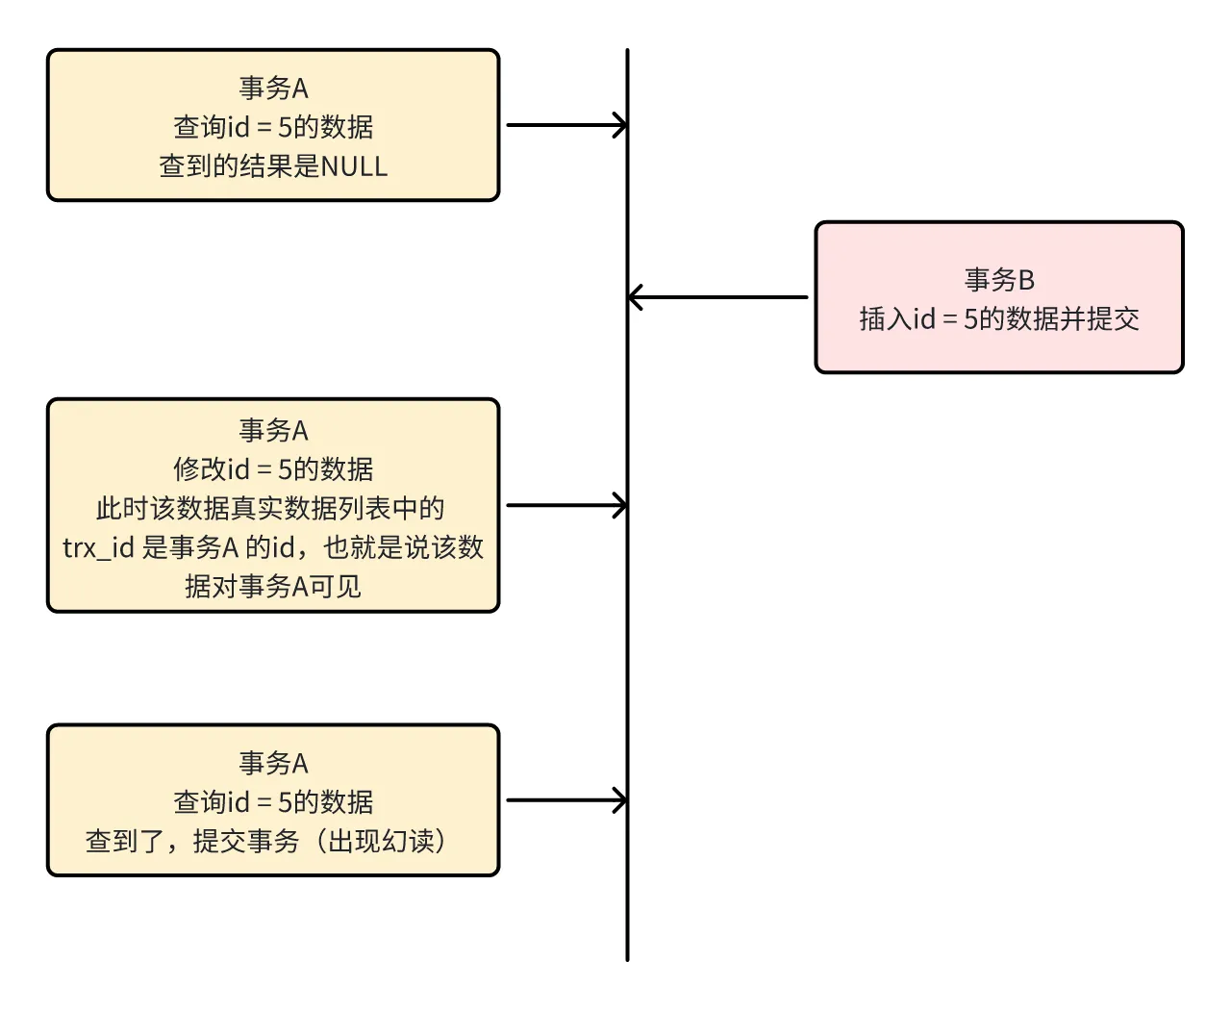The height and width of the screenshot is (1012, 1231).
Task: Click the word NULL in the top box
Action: point(354,166)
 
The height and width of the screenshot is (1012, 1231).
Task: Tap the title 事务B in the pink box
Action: point(999,280)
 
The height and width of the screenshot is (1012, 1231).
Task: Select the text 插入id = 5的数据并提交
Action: point(999,319)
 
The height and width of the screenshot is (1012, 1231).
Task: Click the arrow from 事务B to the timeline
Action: point(717,297)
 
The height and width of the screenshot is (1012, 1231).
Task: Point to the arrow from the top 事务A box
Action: point(566,125)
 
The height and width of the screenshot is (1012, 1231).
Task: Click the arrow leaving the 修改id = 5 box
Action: point(566,505)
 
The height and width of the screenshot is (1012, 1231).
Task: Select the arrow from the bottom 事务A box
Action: point(566,800)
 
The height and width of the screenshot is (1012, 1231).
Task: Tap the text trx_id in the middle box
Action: point(98,548)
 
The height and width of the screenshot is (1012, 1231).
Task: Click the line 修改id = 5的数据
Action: point(273,469)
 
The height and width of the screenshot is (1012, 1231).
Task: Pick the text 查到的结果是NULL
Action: point(273,166)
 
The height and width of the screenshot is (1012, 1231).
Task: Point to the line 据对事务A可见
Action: point(273,587)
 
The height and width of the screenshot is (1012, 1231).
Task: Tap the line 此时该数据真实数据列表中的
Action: point(270,509)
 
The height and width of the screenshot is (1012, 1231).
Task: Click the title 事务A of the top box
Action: point(273,89)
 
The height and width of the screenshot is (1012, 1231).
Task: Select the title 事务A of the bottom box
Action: point(273,764)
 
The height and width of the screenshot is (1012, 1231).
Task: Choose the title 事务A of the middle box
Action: point(273,430)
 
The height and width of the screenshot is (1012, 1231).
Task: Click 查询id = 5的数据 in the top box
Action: point(273,127)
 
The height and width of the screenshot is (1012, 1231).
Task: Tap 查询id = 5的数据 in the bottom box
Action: point(273,802)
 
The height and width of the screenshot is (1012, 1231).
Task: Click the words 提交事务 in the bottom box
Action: point(246,842)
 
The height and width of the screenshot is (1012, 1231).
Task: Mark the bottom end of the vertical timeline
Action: point(627,957)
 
